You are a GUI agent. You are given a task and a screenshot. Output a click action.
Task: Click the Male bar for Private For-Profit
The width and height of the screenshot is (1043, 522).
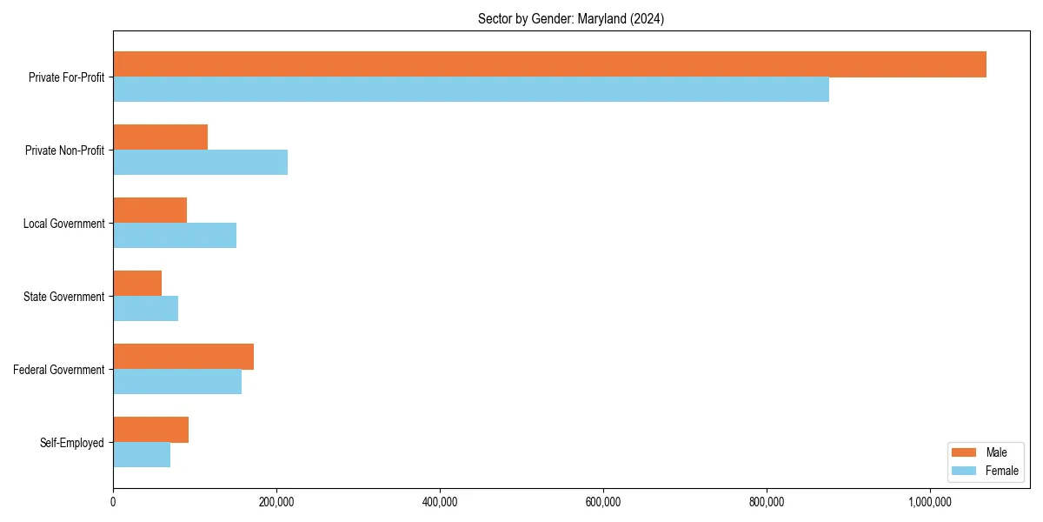click(x=549, y=64)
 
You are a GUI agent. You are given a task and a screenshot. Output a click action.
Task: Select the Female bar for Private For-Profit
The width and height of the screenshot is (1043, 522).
click(x=471, y=90)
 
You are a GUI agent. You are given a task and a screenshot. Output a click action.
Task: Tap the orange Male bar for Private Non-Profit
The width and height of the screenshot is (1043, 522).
click(x=161, y=137)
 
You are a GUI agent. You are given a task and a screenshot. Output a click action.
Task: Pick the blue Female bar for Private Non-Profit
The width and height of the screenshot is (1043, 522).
click(x=200, y=163)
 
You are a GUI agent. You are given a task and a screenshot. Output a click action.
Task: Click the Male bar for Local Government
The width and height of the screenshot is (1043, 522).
click(x=150, y=211)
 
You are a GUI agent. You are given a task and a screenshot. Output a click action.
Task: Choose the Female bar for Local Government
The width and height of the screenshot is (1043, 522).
click(x=175, y=236)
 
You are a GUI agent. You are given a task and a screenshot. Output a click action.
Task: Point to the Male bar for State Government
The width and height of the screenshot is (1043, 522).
click(x=137, y=284)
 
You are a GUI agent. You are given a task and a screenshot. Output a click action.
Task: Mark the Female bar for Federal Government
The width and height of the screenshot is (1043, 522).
click(x=177, y=382)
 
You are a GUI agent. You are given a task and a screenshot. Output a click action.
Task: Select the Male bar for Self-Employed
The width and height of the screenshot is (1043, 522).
click(x=151, y=430)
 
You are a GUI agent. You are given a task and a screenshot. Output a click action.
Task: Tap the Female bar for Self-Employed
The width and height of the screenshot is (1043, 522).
click(x=142, y=455)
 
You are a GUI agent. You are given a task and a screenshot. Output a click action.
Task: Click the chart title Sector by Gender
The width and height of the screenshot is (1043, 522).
click(x=571, y=19)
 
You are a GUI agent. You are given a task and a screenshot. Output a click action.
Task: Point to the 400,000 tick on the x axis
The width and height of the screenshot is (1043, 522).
click(x=440, y=502)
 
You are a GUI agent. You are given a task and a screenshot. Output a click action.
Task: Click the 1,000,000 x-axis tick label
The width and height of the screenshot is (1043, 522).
click(x=930, y=502)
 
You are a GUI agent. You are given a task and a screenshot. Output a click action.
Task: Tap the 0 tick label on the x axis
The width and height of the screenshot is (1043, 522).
click(x=113, y=502)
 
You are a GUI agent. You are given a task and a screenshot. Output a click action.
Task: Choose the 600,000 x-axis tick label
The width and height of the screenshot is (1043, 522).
click(x=603, y=502)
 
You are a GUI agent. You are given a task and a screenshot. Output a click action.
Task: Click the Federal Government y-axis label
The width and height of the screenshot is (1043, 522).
click(x=59, y=370)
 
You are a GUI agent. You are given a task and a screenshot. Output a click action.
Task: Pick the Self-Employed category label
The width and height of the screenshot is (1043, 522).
click(x=72, y=443)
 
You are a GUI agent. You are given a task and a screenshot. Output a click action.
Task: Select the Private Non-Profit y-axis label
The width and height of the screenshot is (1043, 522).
click(x=64, y=151)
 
